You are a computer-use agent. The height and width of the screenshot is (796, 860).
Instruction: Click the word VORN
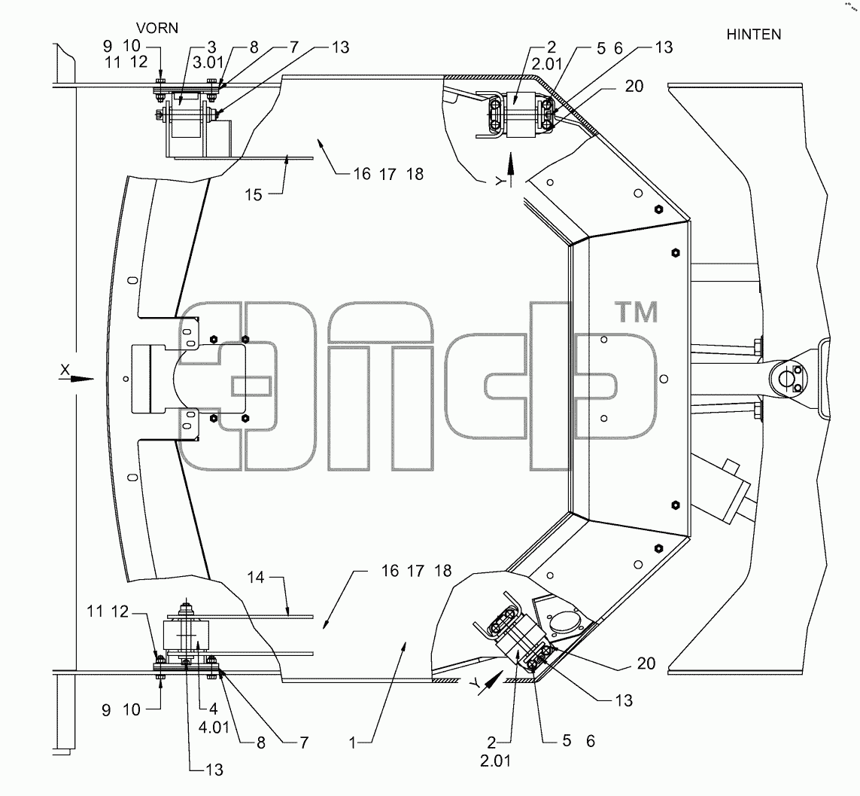[157, 28]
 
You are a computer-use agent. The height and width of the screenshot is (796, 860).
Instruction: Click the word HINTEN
[754, 35]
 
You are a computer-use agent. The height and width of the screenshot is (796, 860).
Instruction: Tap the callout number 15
[254, 195]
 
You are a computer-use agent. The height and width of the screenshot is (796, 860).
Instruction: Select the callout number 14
[256, 578]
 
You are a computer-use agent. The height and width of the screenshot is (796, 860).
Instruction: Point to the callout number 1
[353, 743]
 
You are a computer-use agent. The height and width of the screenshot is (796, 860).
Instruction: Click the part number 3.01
[208, 63]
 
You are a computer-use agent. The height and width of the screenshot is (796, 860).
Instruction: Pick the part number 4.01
[214, 728]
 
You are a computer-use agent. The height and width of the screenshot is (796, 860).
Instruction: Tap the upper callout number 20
[634, 86]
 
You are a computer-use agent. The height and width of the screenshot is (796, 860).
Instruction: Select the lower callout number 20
[646, 663]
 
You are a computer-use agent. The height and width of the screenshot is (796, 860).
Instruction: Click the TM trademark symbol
[637, 312]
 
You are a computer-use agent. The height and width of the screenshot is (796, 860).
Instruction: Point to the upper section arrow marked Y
[511, 170]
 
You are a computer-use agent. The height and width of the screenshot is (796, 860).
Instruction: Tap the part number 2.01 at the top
[547, 65]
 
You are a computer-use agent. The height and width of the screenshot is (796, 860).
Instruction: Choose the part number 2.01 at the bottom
[495, 761]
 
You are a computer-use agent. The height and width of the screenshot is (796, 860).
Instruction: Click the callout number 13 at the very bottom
[214, 770]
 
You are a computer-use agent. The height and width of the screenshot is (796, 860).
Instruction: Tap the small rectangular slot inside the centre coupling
[251, 386]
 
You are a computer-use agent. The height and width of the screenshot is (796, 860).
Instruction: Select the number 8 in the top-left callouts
[254, 47]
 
